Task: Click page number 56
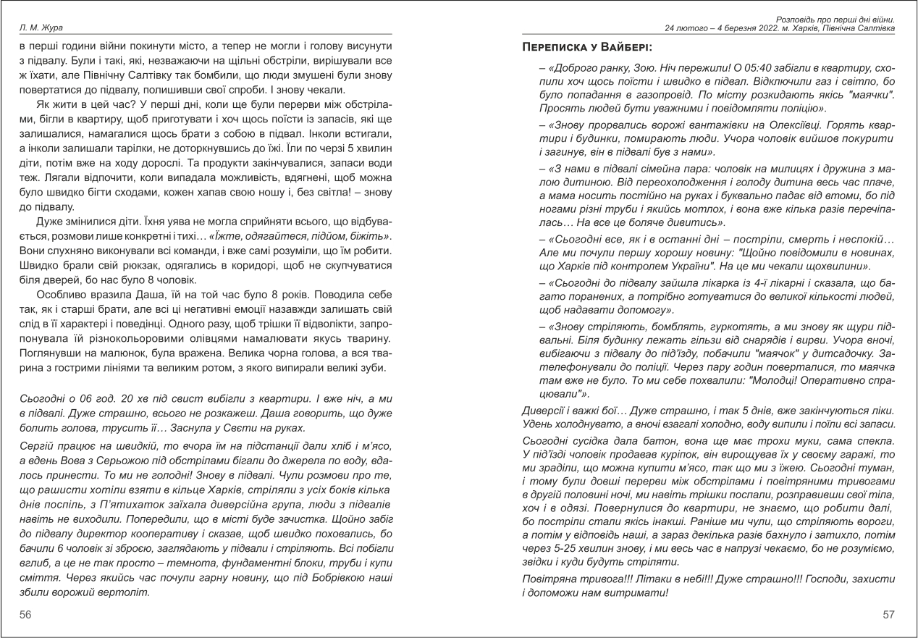point(25,614)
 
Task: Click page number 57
point(888,614)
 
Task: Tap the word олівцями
point(218,337)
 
